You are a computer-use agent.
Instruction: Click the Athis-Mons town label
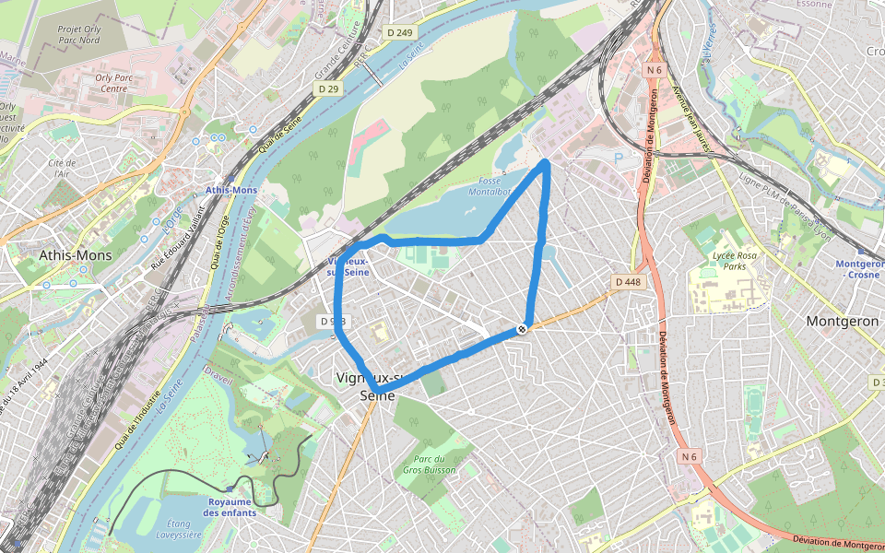pyautogui.click(x=75, y=254)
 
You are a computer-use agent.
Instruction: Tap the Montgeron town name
pyautogui.click(x=843, y=322)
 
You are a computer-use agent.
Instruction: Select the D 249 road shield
pyautogui.click(x=400, y=32)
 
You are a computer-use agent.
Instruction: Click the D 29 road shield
pyautogui.click(x=327, y=88)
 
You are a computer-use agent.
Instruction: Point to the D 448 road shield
pyautogui.click(x=627, y=281)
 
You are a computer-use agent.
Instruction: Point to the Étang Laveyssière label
pyautogui.click(x=179, y=529)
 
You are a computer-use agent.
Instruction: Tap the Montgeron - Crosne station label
pyautogui.click(x=857, y=268)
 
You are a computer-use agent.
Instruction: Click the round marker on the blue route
pyautogui.click(x=523, y=329)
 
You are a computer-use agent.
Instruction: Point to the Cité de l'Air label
pyautogui.click(x=63, y=168)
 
